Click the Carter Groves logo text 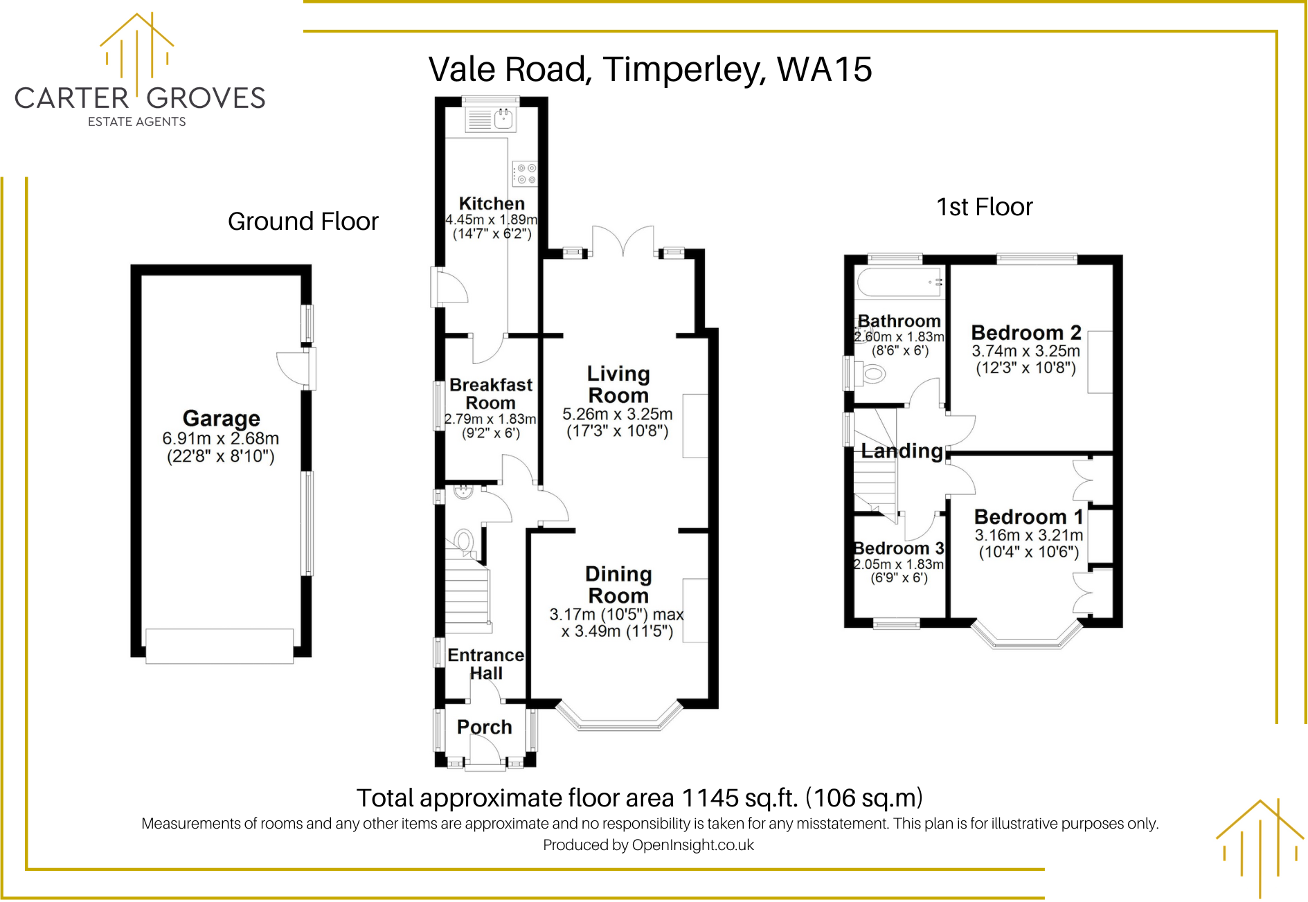pyautogui.click(x=140, y=98)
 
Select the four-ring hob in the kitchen pyautogui.click(x=525, y=174)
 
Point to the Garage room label pyautogui.click(x=221, y=418)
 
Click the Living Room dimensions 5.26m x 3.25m pyautogui.click(x=617, y=414)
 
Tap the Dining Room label pyautogui.click(x=618, y=585)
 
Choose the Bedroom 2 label pyautogui.click(x=1026, y=333)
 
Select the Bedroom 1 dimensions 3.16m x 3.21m pyautogui.click(x=1028, y=535)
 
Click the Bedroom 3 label pyautogui.click(x=899, y=548)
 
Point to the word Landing pyautogui.click(x=902, y=451)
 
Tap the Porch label pyautogui.click(x=485, y=727)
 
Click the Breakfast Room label pyautogui.click(x=491, y=394)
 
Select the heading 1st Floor pyautogui.click(x=984, y=207)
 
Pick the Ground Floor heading pyautogui.click(x=303, y=222)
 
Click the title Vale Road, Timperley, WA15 pyautogui.click(x=649, y=69)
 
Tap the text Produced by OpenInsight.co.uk pyautogui.click(x=648, y=845)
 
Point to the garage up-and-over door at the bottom pyautogui.click(x=220, y=645)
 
